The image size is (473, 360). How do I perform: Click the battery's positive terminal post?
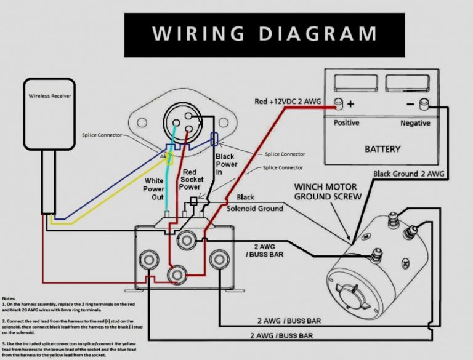click(338, 104)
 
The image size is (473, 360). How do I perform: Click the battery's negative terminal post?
click(423, 105)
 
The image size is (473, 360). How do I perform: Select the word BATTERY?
click(382, 149)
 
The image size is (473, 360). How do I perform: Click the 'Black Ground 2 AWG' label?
click(408, 174)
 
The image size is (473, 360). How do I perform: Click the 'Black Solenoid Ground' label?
click(254, 203)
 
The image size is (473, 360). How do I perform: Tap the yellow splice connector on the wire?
click(170, 158)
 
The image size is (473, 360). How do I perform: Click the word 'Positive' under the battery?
click(347, 122)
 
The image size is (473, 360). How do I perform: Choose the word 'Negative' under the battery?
click(416, 122)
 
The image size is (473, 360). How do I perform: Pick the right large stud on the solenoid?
click(217, 257)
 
